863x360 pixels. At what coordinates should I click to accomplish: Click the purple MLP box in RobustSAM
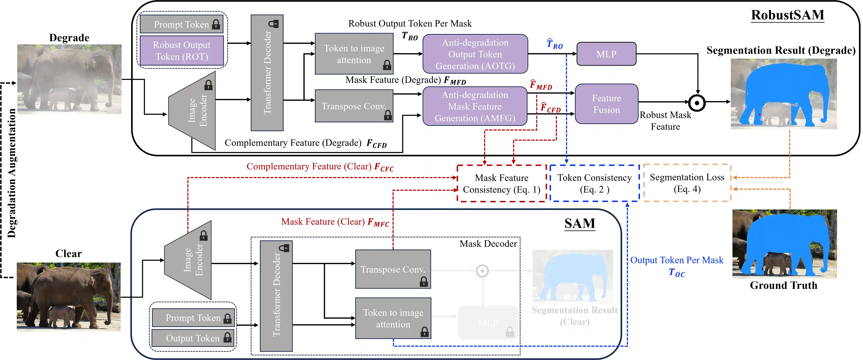pyautogui.click(x=606, y=54)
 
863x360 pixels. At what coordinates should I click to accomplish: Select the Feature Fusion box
pyautogui.click(x=606, y=104)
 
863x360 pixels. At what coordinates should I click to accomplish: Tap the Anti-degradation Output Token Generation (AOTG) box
pyautogui.click(x=475, y=54)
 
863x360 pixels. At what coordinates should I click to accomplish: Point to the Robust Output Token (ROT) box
pyautogui.click(x=182, y=51)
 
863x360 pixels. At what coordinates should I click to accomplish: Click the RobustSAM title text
pyautogui.click(x=787, y=15)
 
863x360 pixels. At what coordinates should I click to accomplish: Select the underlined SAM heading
pyautogui.click(x=580, y=223)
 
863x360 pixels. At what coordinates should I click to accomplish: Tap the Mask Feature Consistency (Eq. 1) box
pyautogui.click(x=502, y=184)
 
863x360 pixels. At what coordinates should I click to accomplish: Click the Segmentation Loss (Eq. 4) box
pyautogui.click(x=687, y=183)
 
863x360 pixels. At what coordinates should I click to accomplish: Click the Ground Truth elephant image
pyautogui.click(x=784, y=244)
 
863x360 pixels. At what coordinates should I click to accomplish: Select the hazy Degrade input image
pyautogui.click(x=69, y=79)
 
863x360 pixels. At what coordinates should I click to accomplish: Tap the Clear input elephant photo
pyautogui.click(x=69, y=297)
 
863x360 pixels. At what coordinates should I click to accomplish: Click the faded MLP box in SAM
pyautogui.click(x=488, y=322)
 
